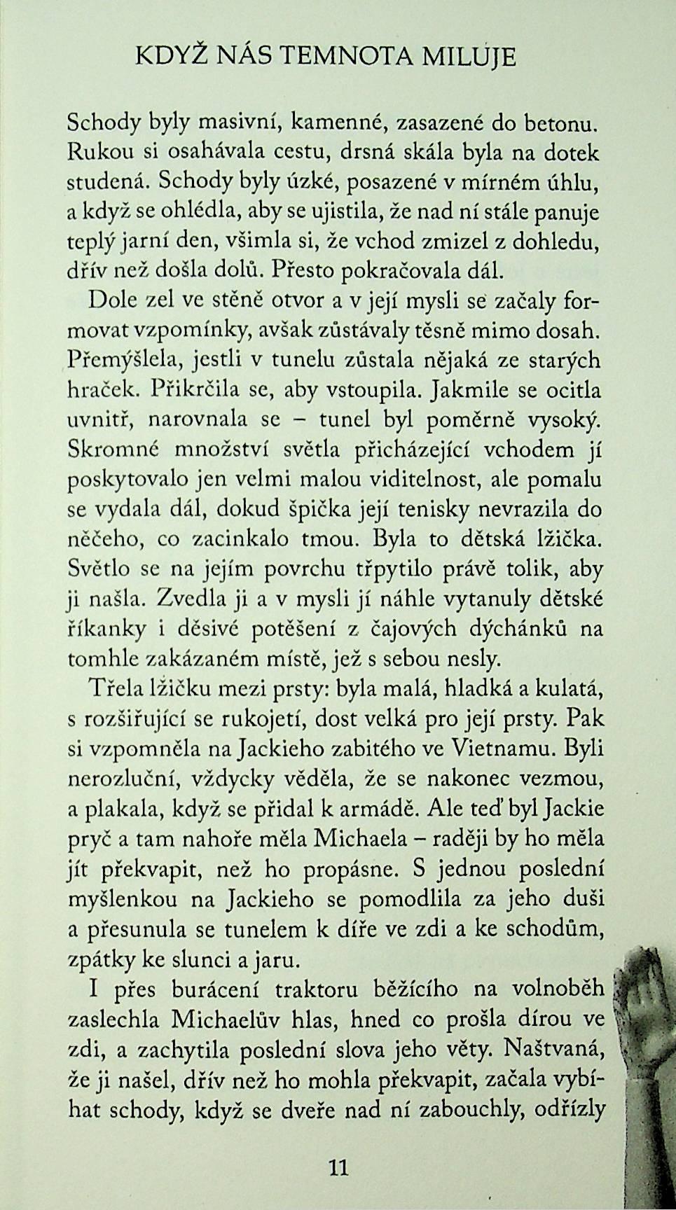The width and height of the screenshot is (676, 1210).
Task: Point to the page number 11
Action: (x=338, y=1167)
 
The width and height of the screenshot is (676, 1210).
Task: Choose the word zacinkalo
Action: (x=252, y=540)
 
